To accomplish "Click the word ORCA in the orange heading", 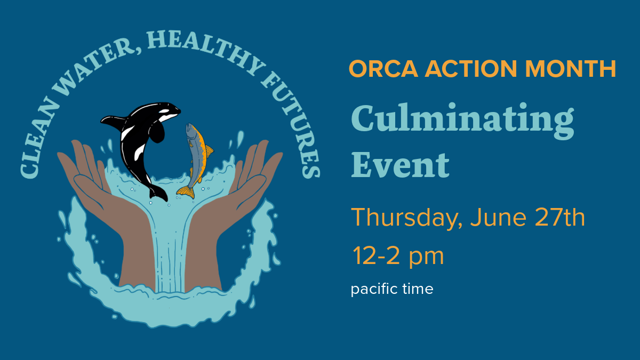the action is (x=383, y=69).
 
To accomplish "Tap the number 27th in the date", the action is (x=559, y=217).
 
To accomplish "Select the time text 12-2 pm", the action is (x=398, y=257).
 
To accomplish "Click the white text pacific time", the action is (x=392, y=289).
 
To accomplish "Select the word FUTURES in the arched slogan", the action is (x=291, y=125).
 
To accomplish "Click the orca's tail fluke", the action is (x=158, y=194).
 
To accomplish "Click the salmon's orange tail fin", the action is (x=186, y=191).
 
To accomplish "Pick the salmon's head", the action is (x=190, y=131).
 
